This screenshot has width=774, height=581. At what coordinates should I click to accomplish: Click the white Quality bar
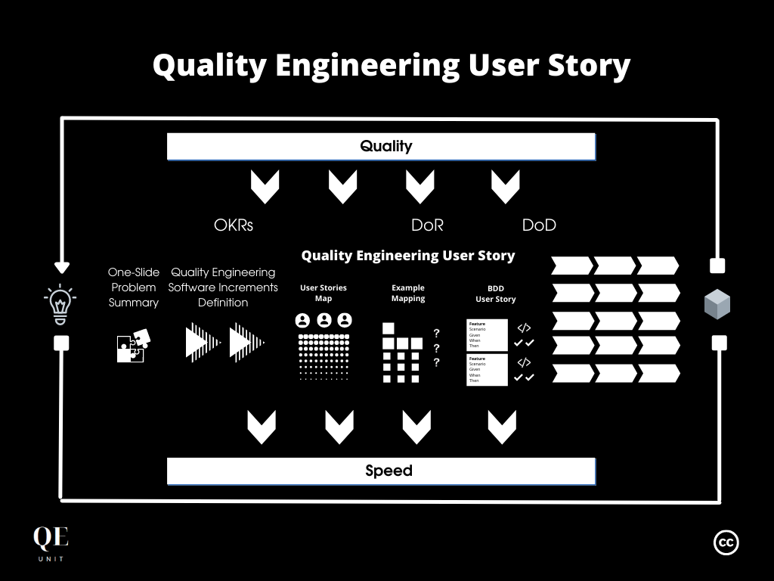point(381,146)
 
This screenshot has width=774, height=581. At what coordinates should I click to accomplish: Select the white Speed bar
point(381,471)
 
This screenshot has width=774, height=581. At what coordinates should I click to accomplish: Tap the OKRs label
point(234,225)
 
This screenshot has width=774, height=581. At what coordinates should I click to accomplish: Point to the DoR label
point(427,225)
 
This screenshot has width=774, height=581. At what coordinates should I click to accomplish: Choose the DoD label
point(539,225)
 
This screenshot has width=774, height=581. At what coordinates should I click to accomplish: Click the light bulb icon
point(60,303)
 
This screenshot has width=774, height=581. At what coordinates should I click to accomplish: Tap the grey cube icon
point(717,304)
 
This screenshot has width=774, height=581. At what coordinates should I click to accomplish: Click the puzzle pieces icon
point(133,346)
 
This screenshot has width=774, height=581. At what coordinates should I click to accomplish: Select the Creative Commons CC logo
point(726,542)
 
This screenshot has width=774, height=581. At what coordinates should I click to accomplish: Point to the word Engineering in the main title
point(367,66)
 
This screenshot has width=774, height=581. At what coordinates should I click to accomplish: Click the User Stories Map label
point(324,293)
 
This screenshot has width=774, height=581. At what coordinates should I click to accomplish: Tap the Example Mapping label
point(408,293)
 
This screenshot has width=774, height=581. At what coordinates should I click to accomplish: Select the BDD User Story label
point(495,294)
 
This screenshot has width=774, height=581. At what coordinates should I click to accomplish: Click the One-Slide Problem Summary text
point(134,287)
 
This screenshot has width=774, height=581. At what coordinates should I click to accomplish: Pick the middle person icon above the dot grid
point(324,320)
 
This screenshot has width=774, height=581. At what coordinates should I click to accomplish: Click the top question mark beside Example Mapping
point(436,334)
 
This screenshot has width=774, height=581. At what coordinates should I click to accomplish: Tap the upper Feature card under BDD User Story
point(487,334)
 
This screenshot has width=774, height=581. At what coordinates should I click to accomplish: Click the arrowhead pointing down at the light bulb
point(62,267)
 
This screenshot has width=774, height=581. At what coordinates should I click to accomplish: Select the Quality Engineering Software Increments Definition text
point(223,287)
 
